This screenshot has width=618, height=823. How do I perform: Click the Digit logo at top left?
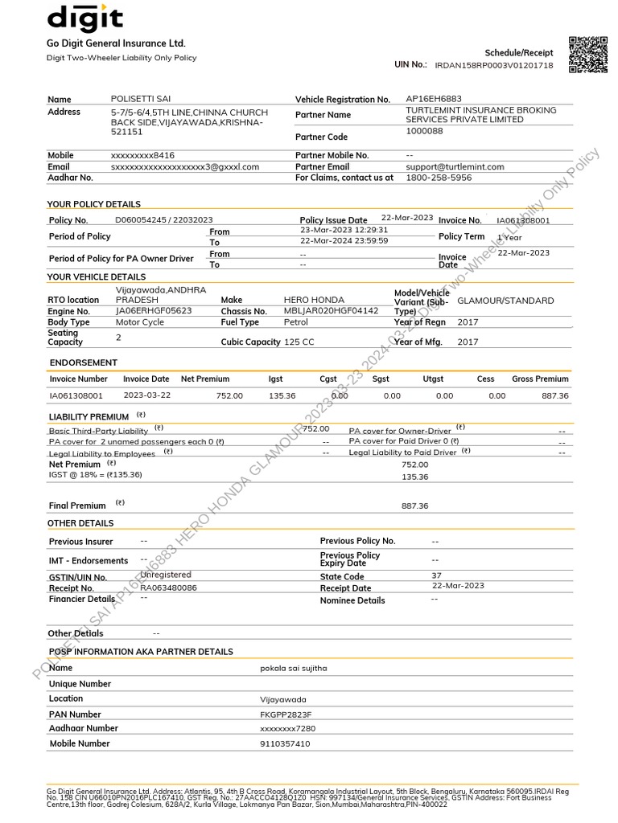[84, 18]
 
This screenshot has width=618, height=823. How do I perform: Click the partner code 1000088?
[424, 131]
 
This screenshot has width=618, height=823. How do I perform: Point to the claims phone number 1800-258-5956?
[439, 178]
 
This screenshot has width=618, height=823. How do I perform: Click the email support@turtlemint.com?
[455, 166]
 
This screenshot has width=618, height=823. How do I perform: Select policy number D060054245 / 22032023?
[164, 219]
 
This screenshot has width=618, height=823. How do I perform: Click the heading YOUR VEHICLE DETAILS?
[97, 276]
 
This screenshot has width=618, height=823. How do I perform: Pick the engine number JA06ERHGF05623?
[154, 310]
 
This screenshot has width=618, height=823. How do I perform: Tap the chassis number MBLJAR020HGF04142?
[331, 310]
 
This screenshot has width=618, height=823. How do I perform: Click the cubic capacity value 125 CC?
[299, 342]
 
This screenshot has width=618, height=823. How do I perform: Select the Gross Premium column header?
[540, 379]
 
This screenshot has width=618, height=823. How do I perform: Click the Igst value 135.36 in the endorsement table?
[282, 395]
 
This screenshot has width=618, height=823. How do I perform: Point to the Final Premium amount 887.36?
[414, 506]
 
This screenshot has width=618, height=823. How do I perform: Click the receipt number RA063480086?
[168, 588]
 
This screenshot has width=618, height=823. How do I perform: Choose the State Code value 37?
[437, 575]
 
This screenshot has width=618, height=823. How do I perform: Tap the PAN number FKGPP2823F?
[285, 714]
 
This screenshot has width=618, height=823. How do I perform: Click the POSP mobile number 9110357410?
[284, 744]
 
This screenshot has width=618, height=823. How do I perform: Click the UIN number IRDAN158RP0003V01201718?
[493, 65]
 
